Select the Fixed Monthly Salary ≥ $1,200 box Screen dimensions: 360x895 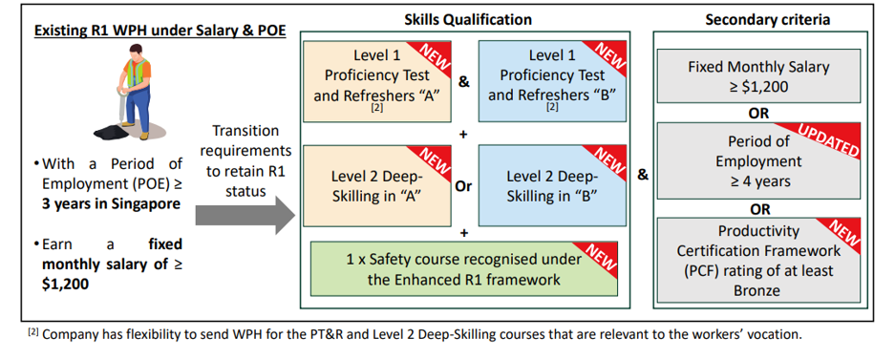pyautogui.click(x=758, y=76)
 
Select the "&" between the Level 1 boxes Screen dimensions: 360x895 pyautogui.click(x=464, y=82)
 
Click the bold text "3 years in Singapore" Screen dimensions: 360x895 pyautogui.click(x=111, y=202)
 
